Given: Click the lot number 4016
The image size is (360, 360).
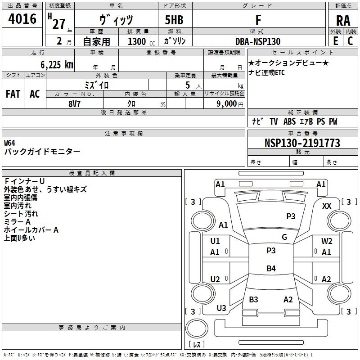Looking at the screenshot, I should pos(22,19).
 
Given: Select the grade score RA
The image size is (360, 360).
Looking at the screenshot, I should pos(343,21).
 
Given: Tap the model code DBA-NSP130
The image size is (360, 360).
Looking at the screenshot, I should pos(258,41).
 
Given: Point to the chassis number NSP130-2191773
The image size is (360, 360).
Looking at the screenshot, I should pos(302,144).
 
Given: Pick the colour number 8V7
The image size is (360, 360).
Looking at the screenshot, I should pos(75,103).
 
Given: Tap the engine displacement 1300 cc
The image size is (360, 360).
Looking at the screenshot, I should pos(140,41).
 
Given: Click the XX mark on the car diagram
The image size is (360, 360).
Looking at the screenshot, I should pos(327,206).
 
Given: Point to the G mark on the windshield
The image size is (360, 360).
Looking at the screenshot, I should pos(284,237).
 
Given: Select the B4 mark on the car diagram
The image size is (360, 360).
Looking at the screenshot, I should pos(271,269).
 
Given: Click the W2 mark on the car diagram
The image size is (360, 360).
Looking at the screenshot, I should pos(327,241).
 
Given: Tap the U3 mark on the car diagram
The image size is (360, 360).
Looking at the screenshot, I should pos(221,308).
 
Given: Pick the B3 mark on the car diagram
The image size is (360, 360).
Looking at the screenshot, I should pos(253,299).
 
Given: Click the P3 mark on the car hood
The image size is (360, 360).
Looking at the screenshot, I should pos(291,216).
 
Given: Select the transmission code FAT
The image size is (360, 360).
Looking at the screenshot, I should pos(13,94).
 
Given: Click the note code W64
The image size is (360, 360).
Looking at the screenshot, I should pos(10,143).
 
